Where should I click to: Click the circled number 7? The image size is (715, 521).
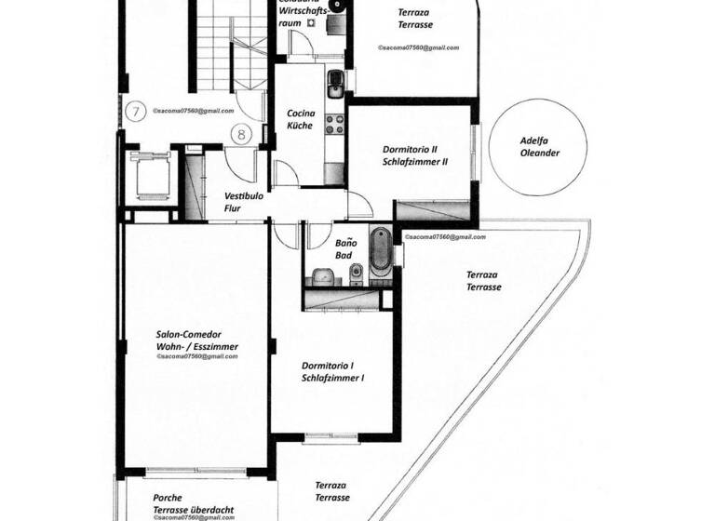tap(136, 111)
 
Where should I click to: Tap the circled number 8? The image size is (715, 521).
tap(241, 134)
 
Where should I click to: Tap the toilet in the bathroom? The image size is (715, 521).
tap(355, 272)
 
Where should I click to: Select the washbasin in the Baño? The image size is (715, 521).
tap(321, 275)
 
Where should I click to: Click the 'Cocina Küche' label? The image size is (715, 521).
tap(300, 119)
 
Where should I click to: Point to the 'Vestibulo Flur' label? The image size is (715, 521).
tap(243, 203)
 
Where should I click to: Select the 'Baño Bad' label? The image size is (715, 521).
tap(344, 248)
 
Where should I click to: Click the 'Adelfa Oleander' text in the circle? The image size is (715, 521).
tap(539, 148)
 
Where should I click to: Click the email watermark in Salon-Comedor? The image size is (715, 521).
tap(197, 356)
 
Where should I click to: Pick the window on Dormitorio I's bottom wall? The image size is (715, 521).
tap(331, 435)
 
